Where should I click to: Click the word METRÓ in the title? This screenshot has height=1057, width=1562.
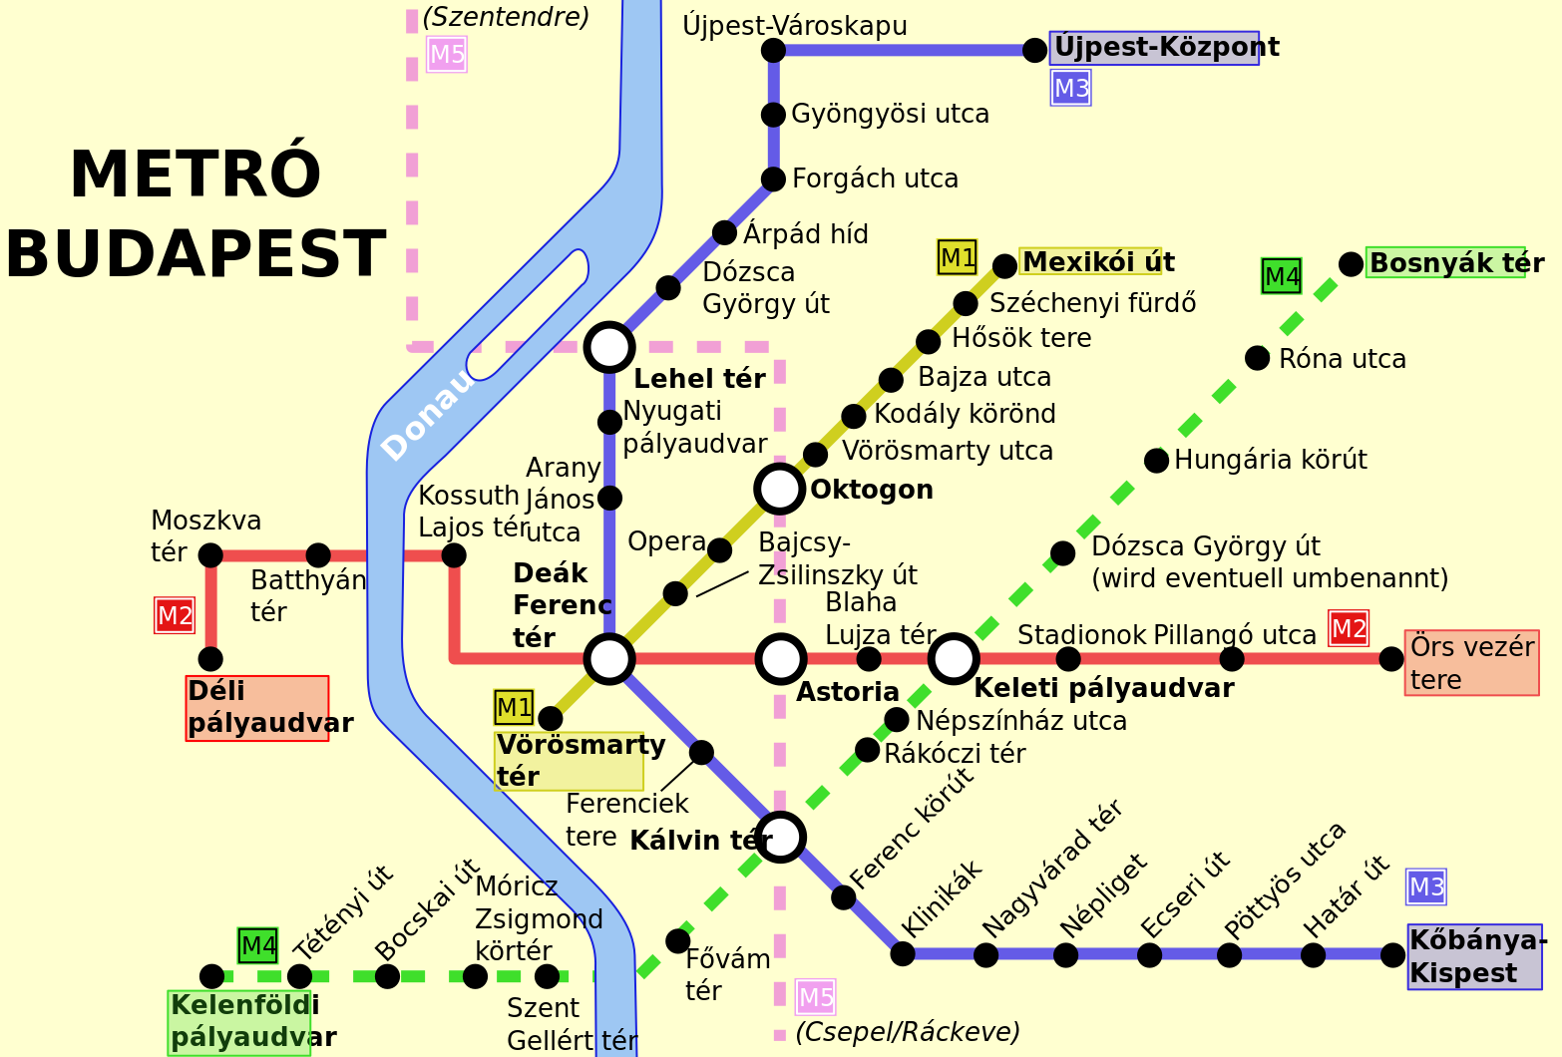[195, 176]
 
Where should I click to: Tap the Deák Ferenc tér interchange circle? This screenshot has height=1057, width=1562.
[609, 658]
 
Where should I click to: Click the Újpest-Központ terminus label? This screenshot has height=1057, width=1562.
[1154, 48]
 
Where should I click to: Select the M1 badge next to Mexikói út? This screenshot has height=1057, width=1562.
[957, 257]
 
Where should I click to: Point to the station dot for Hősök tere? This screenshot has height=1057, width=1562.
[928, 342]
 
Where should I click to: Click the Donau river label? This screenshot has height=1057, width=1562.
[427, 417]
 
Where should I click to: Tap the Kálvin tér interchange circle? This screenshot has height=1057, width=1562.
[781, 836]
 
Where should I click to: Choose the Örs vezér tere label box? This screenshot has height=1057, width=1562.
[1471, 662]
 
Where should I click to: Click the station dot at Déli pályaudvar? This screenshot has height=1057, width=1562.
[210, 658]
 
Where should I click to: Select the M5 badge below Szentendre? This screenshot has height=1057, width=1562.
[446, 55]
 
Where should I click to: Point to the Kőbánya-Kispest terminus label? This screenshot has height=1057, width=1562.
[1474, 956]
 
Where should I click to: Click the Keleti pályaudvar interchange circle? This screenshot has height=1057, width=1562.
[954, 658]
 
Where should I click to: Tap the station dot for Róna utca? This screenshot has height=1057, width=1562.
[1257, 358]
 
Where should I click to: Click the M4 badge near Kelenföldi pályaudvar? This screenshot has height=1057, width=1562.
[257, 945]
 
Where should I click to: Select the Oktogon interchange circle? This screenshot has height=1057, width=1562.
[780, 489]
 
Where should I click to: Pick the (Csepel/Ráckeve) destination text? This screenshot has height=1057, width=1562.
[907, 1032]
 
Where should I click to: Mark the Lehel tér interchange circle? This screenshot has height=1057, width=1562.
[609, 347]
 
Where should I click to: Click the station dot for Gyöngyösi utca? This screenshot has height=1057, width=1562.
[773, 115]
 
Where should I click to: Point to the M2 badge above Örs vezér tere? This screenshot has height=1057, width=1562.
[1348, 629]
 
